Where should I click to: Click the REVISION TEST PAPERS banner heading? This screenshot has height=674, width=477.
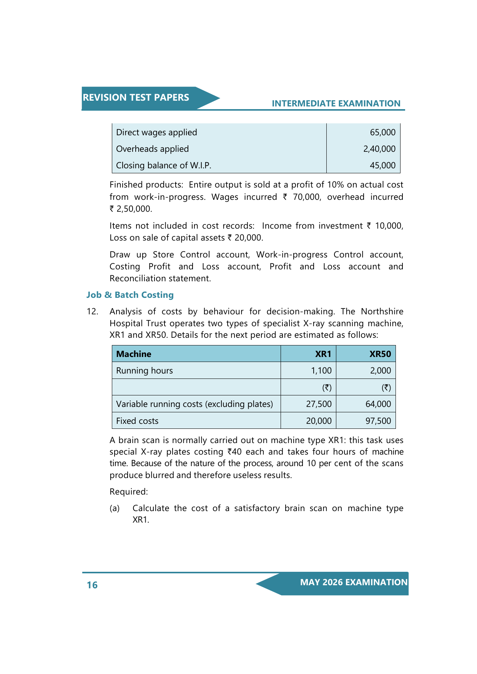tap(136, 98)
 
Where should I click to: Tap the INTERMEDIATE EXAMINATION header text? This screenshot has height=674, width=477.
tap(336, 103)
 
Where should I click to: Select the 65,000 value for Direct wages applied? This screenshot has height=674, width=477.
tap(382, 133)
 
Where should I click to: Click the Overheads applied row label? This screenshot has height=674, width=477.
tap(152, 149)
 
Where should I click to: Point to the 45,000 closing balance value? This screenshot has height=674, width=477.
tap(382, 166)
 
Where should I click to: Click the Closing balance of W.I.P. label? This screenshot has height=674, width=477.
tap(163, 166)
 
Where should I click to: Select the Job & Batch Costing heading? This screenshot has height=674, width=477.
tap(130, 295)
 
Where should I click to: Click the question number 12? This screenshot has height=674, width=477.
tap(92, 311)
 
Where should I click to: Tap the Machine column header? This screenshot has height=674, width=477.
tap(133, 354)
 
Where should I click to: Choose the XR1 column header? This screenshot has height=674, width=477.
tap(323, 354)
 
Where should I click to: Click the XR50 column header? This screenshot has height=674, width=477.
tap(380, 354)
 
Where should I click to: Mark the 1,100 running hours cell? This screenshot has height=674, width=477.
tap(321, 371)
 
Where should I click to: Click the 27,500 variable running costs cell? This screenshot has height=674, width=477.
tap(319, 404)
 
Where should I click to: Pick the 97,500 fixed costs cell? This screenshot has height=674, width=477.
tap(378, 421)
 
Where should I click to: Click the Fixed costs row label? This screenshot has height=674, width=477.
tap(137, 421)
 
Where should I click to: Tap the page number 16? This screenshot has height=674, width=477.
tap(92, 585)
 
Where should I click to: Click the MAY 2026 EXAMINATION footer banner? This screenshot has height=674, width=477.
tap(353, 583)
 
